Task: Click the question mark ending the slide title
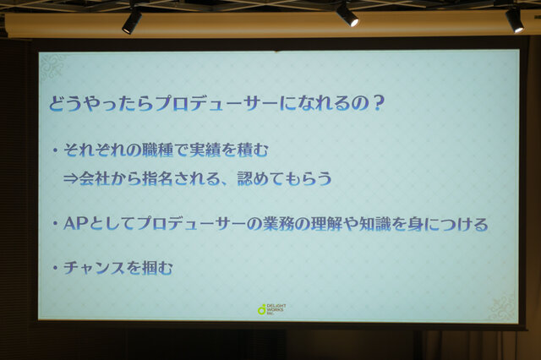(x=378, y=103)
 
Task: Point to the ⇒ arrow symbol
(x=71, y=179)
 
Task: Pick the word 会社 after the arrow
(x=95, y=178)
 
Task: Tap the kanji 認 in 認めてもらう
(x=245, y=178)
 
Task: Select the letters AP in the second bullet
(x=75, y=224)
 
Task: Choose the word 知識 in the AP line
(x=374, y=224)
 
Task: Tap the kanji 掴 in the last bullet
(x=150, y=268)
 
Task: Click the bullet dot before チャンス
(x=54, y=268)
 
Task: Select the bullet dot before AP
(x=54, y=224)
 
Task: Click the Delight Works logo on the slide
(x=272, y=309)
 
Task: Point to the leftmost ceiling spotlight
(x=132, y=20)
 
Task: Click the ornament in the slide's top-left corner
(x=52, y=68)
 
